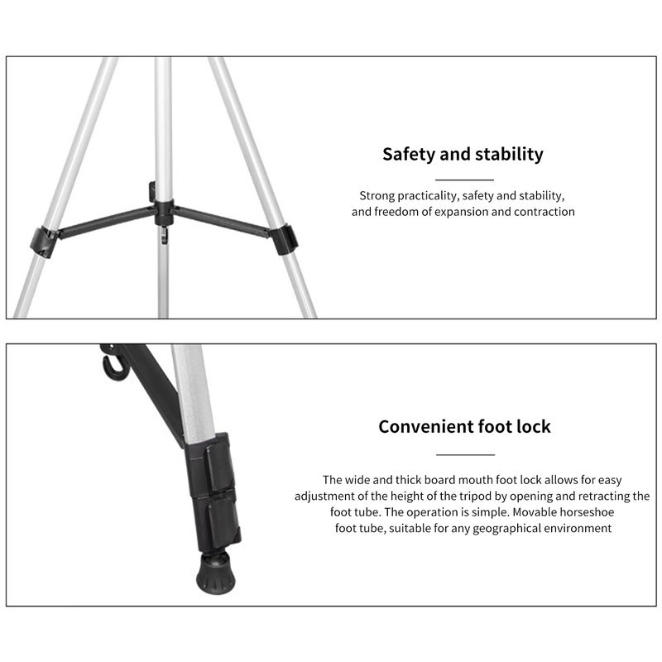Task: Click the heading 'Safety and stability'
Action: pyautogui.click(x=463, y=155)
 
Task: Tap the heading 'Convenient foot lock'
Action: pyautogui.click(x=464, y=426)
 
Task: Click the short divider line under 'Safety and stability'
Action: pyautogui.click(x=464, y=180)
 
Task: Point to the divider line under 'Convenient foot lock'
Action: pyautogui.click(x=465, y=454)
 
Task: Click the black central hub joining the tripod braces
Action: pyautogui.click(x=164, y=213)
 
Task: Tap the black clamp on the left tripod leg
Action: pyautogui.click(x=43, y=242)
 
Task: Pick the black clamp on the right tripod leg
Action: pyautogui.click(x=283, y=239)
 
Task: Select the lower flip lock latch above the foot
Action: pyautogui.click(x=223, y=523)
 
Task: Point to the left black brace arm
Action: pyautogui.click(x=107, y=221)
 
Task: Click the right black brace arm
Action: pyautogui.click(x=222, y=220)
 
